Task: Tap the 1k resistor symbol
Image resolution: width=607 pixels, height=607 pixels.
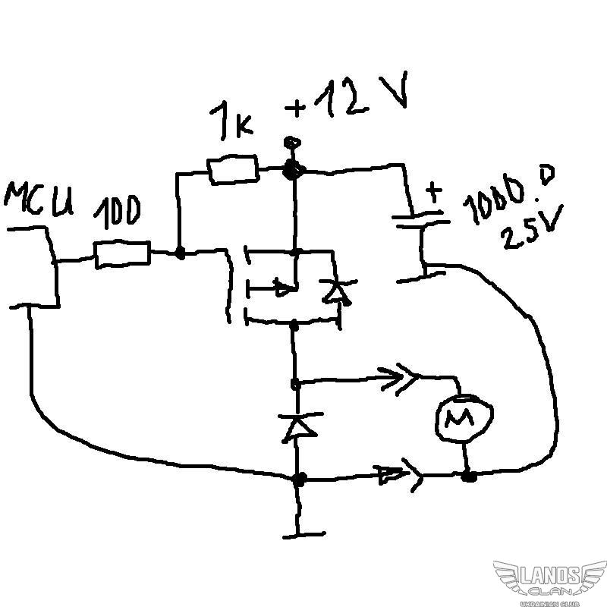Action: pyautogui.click(x=233, y=169)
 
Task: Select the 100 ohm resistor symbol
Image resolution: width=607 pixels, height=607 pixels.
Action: pyautogui.click(x=121, y=254)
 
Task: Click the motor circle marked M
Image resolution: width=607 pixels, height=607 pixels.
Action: pyautogui.click(x=462, y=417)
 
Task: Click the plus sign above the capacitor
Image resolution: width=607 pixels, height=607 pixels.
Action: pyautogui.click(x=433, y=192)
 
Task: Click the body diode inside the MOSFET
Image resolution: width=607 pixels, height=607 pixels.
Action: pyautogui.click(x=335, y=291)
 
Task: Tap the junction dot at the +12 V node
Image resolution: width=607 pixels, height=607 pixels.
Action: pyautogui.click(x=289, y=171)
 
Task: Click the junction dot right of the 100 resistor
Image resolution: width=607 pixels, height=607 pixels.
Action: pyautogui.click(x=180, y=253)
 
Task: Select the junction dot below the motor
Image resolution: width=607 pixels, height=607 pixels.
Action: pyautogui.click(x=470, y=476)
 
